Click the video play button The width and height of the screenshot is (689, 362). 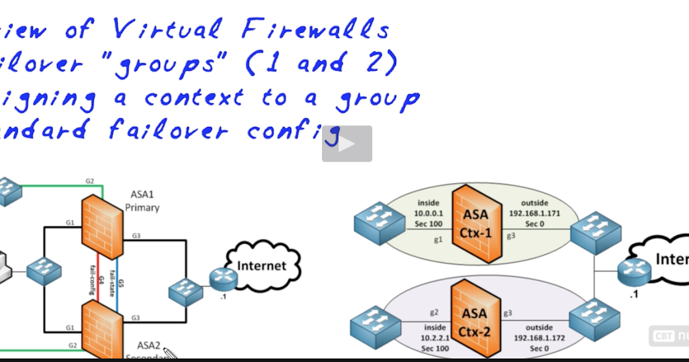click(347, 144)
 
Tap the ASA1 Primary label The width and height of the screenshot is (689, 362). click(142, 202)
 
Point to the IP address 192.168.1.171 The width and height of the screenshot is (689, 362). click(535, 213)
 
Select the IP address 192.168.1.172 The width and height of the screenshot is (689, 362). click(535, 338)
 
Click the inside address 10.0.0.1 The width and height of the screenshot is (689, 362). click(428, 213)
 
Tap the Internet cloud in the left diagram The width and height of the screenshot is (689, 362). click(262, 265)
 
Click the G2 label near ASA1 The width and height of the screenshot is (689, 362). click(90, 181)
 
